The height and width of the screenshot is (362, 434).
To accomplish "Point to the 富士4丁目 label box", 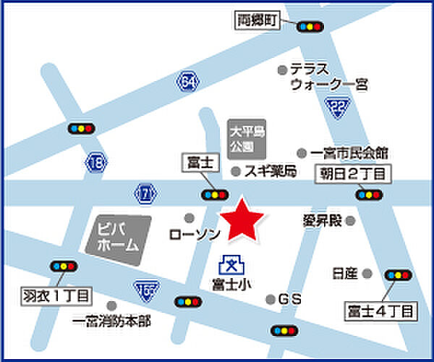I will [x=380, y=313].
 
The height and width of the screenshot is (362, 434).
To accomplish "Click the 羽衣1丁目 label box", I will [x=55, y=295].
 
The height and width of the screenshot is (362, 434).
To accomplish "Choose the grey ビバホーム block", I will [x=117, y=237].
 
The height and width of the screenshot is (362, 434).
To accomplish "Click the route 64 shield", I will [x=188, y=82].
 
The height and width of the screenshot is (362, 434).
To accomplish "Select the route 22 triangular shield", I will [x=338, y=108].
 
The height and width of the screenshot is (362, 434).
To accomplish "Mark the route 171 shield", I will [x=145, y=193].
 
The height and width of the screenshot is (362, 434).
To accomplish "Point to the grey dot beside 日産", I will [x=367, y=274].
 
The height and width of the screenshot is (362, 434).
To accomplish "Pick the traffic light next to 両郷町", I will [x=310, y=27].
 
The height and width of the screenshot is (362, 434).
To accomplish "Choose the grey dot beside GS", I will [x=271, y=299].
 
